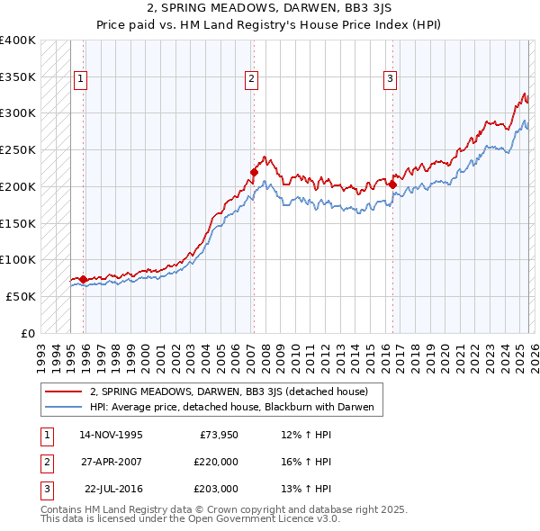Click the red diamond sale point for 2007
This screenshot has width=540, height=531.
click(254, 172)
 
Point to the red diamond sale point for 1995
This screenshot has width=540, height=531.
click(84, 279)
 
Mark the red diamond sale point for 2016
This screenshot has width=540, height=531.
click(392, 184)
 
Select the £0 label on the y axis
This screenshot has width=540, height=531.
click(29, 333)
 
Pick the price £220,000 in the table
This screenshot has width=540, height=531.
click(216, 462)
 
